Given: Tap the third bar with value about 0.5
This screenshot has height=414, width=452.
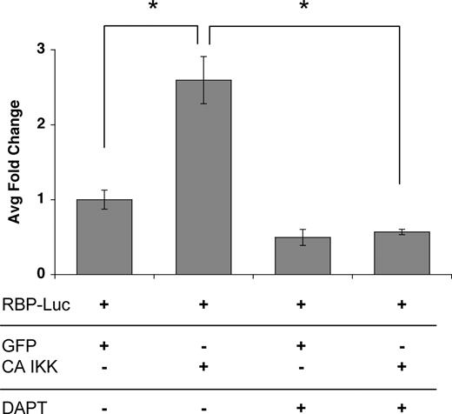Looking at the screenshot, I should click(x=302, y=255).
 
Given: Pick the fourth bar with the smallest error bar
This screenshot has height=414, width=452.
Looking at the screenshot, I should click(x=402, y=253).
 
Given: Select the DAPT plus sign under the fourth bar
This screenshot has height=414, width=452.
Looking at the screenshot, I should click(x=402, y=405).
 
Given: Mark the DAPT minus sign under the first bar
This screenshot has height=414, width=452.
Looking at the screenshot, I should click(x=103, y=405).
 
